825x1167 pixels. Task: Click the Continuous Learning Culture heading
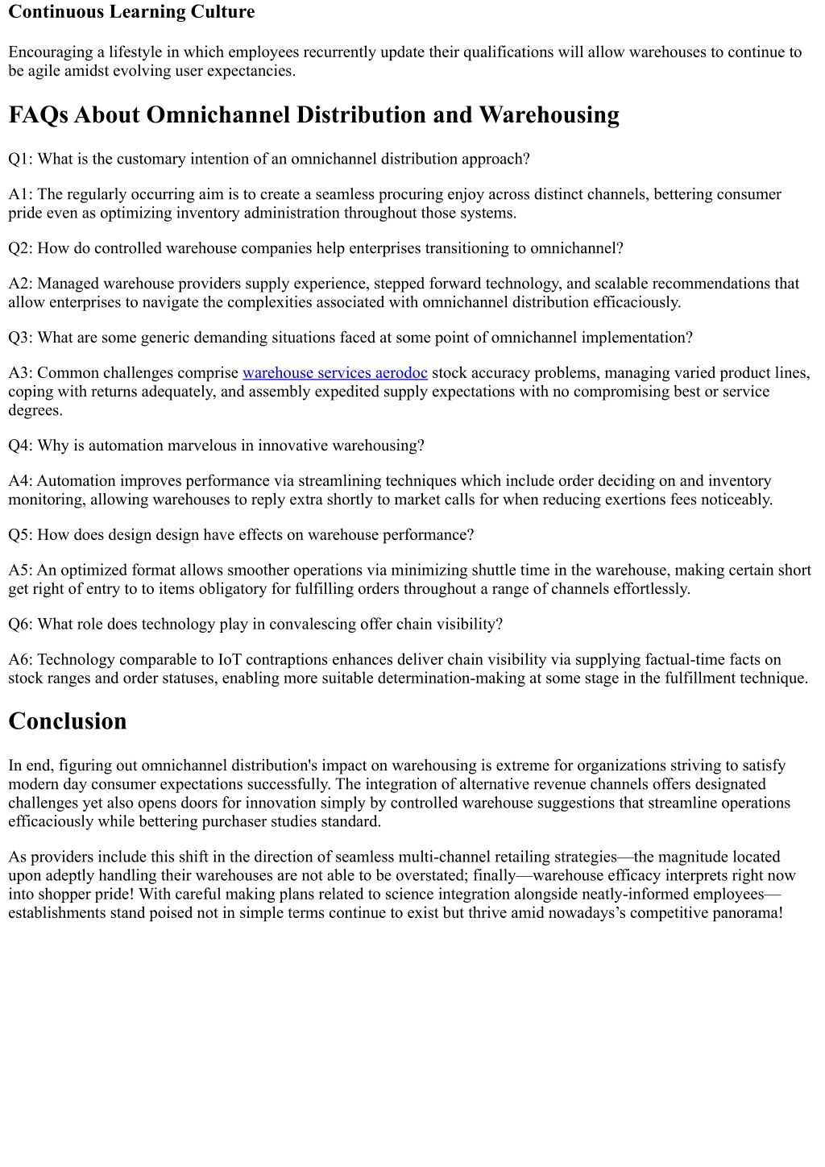[x=131, y=12]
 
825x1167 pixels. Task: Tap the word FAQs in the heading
[x=38, y=115]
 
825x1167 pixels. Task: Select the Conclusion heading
[x=68, y=721]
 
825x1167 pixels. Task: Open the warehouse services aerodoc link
[x=334, y=373]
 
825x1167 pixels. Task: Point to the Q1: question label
[x=20, y=159]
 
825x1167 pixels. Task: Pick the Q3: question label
[x=20, y=338]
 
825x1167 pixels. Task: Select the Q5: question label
[x=20, y=535]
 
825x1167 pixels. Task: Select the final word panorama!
[x=748, y=913]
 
